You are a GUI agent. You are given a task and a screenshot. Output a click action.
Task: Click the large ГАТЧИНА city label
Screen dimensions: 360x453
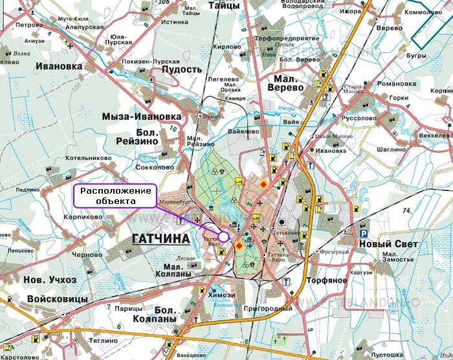tap(160, 239)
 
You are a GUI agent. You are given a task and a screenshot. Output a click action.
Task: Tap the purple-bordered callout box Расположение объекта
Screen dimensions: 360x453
tap(115, 196)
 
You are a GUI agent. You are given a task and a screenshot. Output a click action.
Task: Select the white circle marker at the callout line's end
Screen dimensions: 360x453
tap(223, 236)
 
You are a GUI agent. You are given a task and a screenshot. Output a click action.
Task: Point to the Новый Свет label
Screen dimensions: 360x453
tap(389, 244)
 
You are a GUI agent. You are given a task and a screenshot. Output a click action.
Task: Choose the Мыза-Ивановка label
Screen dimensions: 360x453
tap(141, 116)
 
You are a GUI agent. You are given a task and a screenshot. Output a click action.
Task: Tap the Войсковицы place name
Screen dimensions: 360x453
tap(56, 299)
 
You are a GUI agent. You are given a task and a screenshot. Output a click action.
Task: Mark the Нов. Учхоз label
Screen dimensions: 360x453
tap(49, 280)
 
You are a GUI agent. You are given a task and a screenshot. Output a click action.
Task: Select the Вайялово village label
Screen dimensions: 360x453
tap(243, 131)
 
